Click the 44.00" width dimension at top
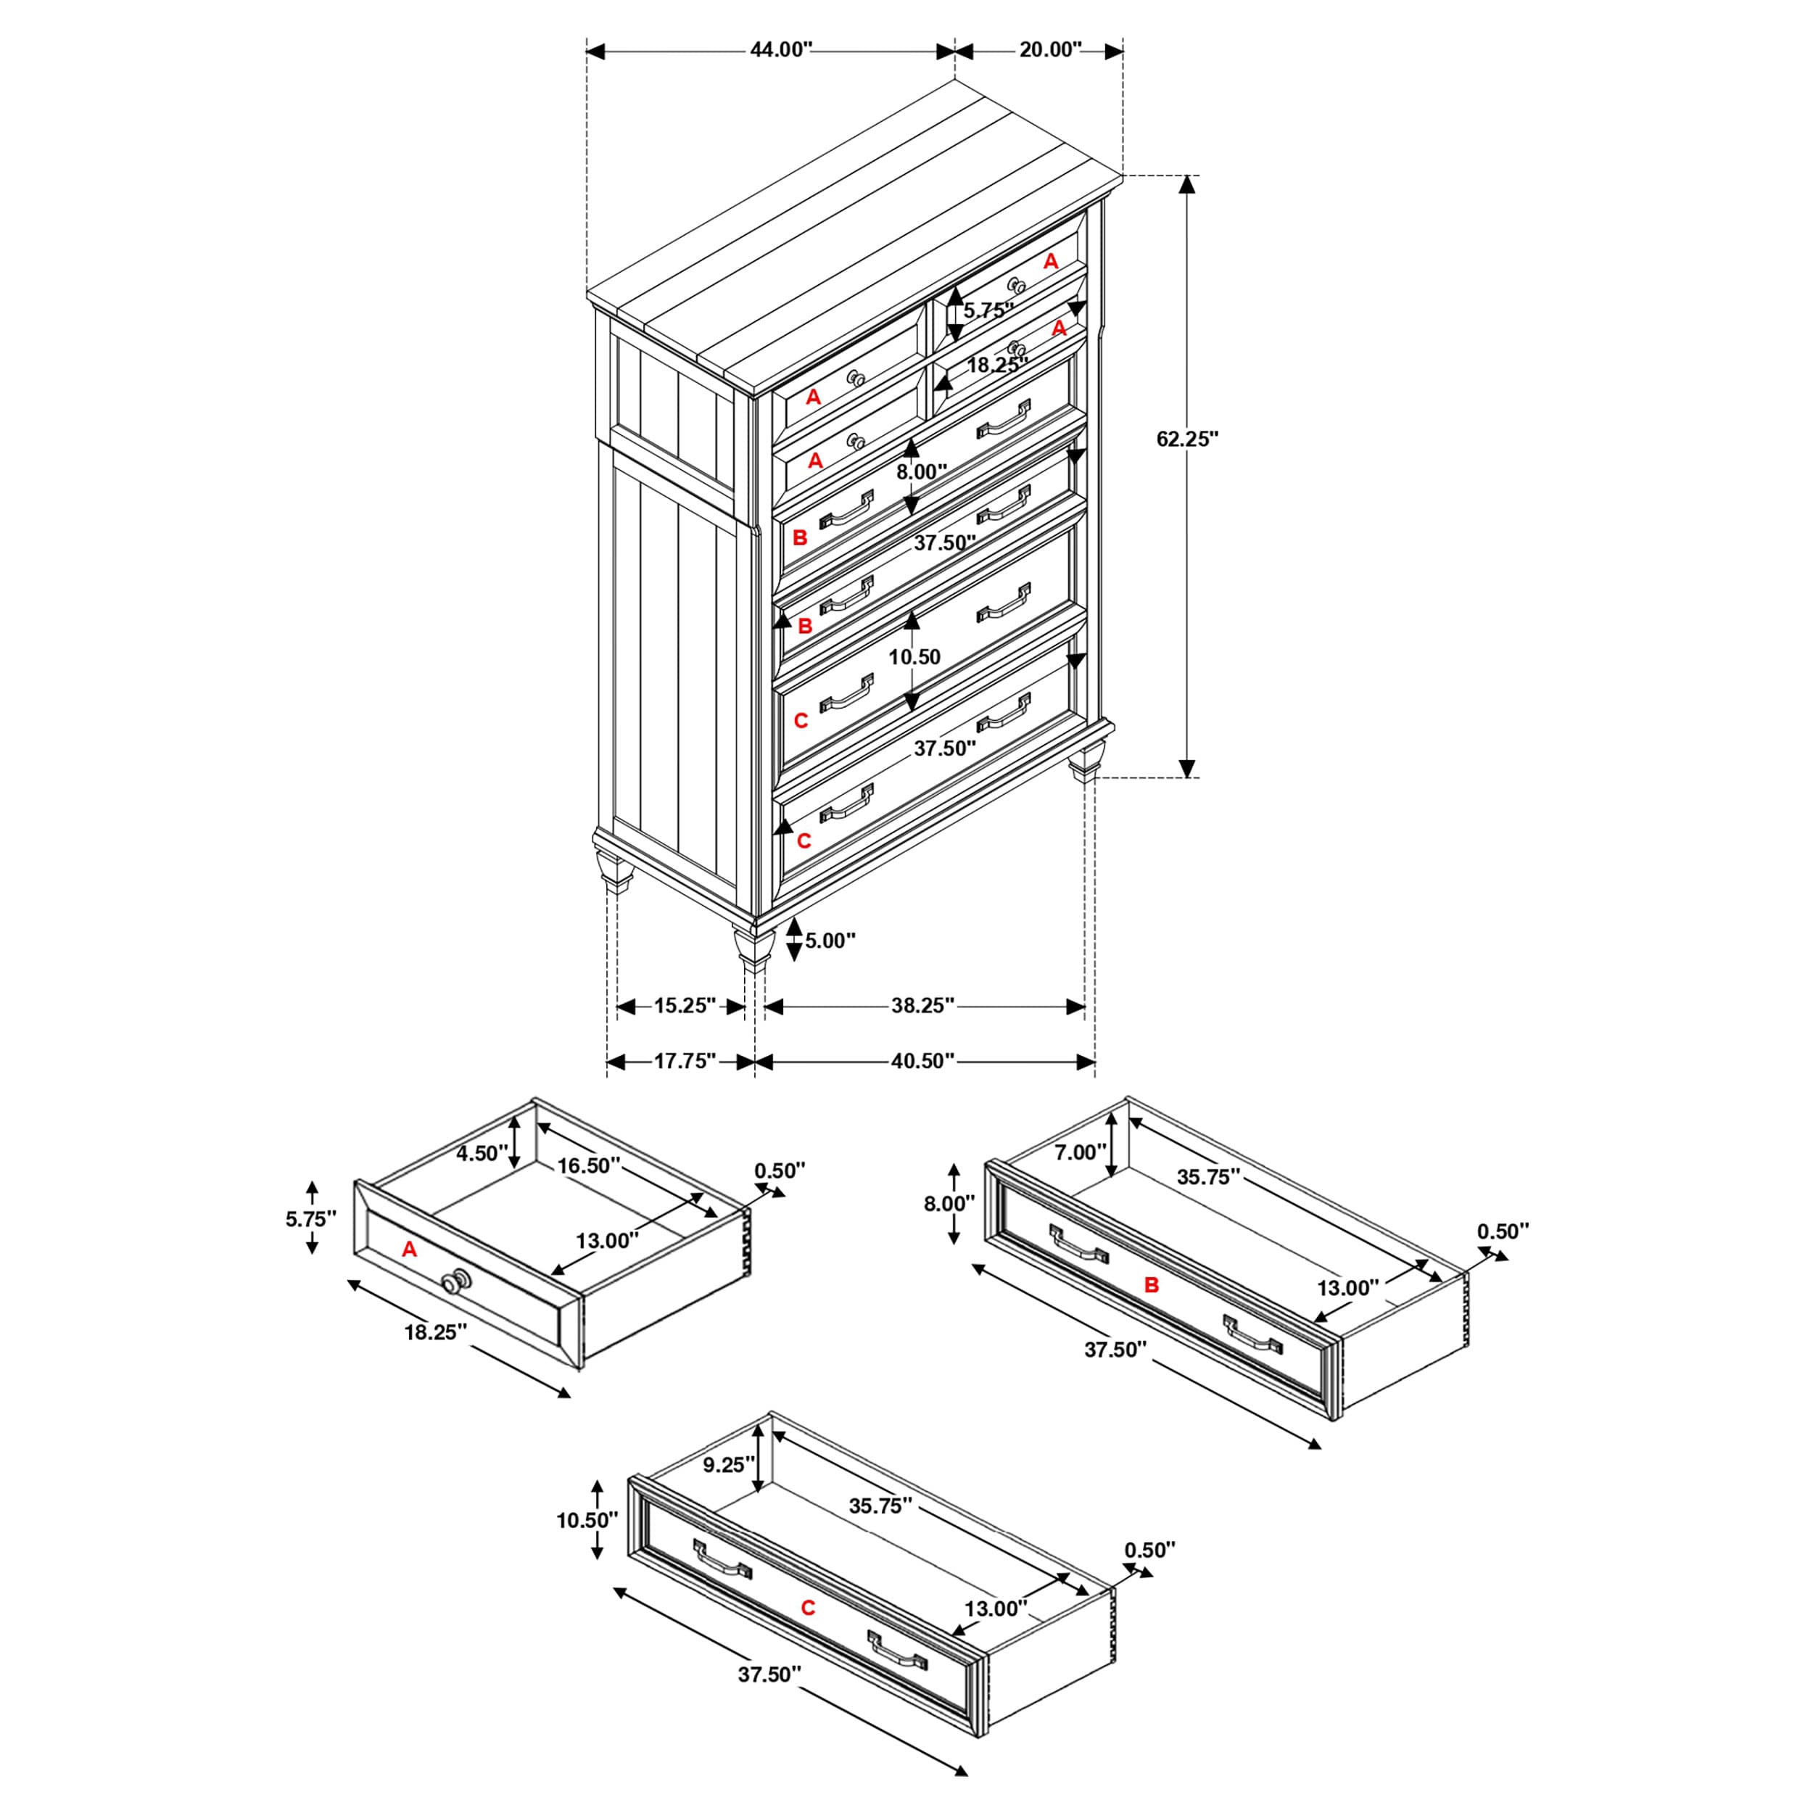[x=780, y=50]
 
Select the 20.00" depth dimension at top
[x=1050, y=50]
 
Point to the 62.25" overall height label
[x=1186, y=438]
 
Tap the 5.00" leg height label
[x=830, y=941]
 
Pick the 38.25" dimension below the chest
[x=922, y=1006]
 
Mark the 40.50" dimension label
[x=922, y=1062]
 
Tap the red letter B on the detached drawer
[x=1152, y=1286]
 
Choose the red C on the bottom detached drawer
[x=808, y=1608]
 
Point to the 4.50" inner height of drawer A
[x=482, y=1153]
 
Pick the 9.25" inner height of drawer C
[x=724, y=1466]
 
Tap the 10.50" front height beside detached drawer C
[x=587, y=1520]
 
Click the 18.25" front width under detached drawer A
[x=435, y=1332]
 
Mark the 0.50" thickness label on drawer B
[x=1503, y=1231]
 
